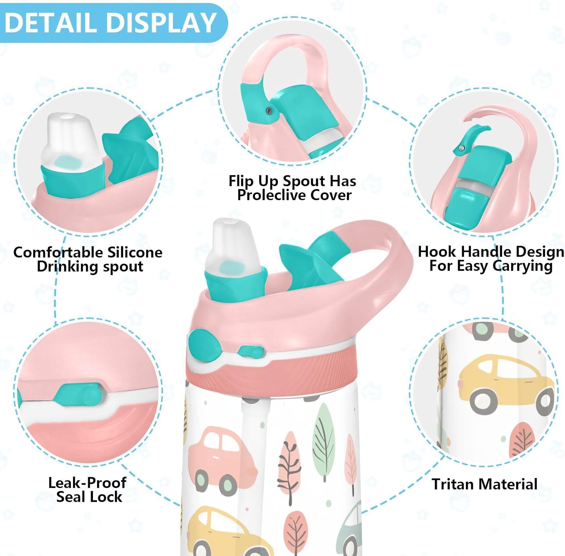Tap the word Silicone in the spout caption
coord(134,252)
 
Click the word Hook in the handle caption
coord(438,252)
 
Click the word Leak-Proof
coord(87,483)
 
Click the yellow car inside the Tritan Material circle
coord(505,384)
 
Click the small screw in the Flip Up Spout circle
coord(269,110)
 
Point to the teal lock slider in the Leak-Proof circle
coord(79,394)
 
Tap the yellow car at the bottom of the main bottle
coord(226,531)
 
